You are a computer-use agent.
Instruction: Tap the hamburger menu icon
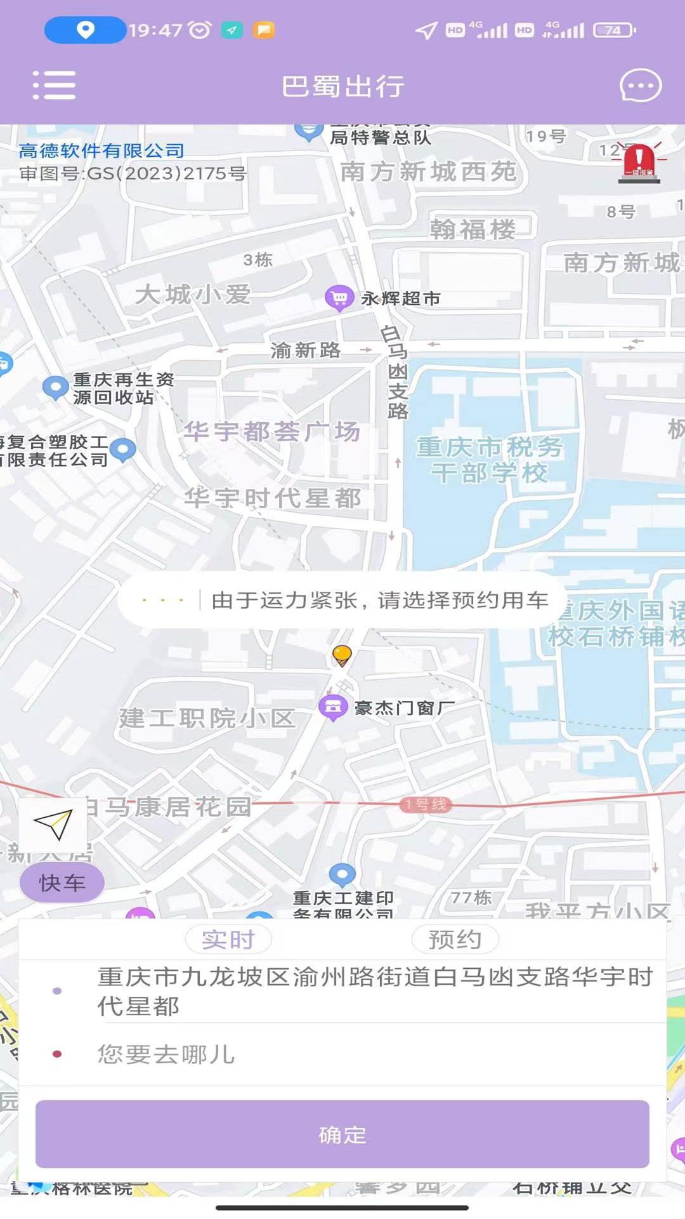[55, 86]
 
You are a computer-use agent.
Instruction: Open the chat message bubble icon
[640, 86]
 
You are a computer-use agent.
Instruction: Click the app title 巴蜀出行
[342, 86]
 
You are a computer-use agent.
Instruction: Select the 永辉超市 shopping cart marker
[339, 298]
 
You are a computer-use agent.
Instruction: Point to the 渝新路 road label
[305, 350]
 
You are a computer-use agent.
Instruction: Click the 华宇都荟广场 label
[271, 432]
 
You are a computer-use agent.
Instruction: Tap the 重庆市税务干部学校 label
[489, 460]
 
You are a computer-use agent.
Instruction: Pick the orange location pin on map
[342, 655]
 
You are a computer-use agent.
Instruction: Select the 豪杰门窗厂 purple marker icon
[333, 707]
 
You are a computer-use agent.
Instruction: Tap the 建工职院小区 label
[207, 718]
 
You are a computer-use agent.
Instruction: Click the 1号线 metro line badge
[426, 804]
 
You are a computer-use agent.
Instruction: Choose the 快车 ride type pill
[62, 883]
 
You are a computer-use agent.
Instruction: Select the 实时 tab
[228, 939]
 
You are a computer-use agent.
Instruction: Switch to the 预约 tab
[455, 939]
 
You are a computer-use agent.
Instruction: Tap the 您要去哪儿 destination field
[342, 1055]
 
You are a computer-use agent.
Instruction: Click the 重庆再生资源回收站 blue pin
[55, 387]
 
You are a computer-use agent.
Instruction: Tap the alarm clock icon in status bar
[200, 30]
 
